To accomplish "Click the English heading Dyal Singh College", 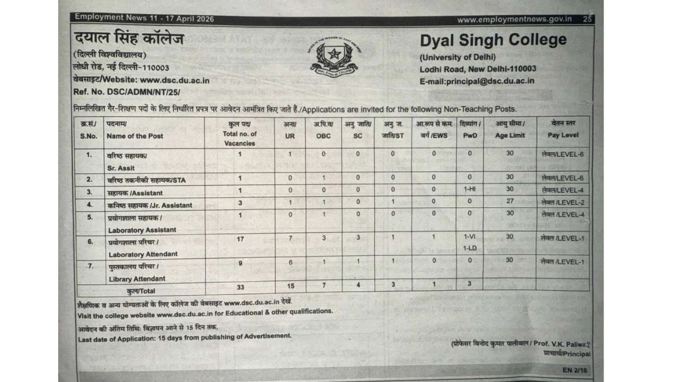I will click(493, 40).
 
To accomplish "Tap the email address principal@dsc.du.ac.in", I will click(477, 81).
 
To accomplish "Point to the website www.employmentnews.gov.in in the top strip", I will click(514, 19).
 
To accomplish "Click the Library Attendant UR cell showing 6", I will click(290, 263).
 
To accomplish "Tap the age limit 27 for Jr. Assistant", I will click(510, 202).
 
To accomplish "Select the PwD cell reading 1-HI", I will click(470, 190).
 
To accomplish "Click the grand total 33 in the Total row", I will click(240, 286).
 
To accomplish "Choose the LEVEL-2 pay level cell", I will click(562, 202).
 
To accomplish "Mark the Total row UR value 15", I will click(290, 286).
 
